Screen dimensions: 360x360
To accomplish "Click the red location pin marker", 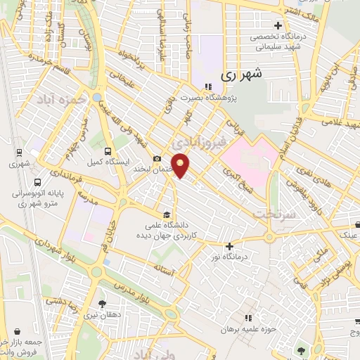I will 181,166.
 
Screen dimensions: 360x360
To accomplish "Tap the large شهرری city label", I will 240,75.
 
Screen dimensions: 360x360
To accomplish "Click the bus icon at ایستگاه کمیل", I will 108,150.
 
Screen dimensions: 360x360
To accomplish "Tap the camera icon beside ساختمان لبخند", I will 157,159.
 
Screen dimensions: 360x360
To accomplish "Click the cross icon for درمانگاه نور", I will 229,246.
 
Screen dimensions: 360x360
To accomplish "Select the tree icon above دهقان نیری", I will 103,304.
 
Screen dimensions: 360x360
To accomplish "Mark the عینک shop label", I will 349,235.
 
